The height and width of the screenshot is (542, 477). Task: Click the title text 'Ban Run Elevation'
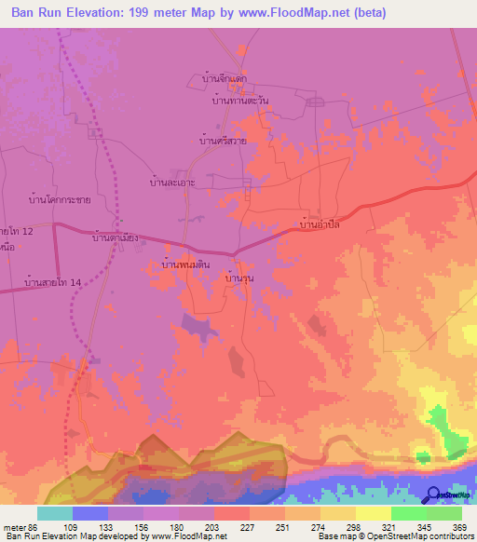coord(74,12)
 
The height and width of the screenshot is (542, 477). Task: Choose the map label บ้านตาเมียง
coord(116,237)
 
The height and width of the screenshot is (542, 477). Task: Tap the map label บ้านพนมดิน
coord(185,266)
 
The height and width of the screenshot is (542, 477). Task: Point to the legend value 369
coord(459,527)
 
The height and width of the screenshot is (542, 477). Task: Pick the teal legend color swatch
coord(55,513)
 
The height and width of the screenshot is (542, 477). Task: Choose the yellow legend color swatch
coord(373,513)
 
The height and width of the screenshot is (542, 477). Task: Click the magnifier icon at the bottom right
coord(433,496)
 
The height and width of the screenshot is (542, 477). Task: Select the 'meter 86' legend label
coord(20,527)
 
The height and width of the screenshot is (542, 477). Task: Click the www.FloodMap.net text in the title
coord(292,12)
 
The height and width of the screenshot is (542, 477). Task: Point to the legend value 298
coord(354,527)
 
